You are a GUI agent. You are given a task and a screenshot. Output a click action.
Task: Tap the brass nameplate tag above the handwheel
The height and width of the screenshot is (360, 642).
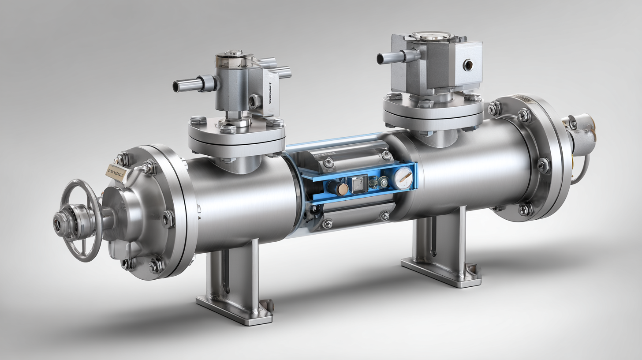coord(116,172)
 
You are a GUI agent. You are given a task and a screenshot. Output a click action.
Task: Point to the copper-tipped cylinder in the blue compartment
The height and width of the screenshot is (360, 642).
coord(342,189)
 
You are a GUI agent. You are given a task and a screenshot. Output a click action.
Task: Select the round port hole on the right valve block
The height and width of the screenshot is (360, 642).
coord(467,65)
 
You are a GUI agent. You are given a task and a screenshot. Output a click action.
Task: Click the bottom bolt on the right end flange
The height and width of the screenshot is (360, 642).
coord(525,209)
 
